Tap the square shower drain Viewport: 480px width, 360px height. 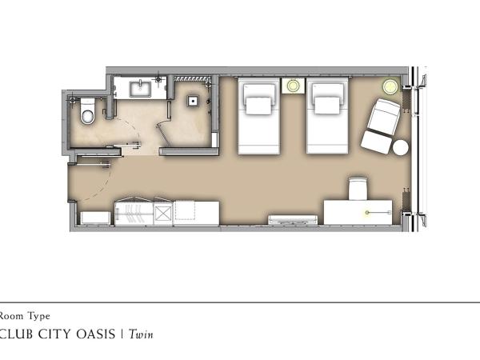click(193, 102)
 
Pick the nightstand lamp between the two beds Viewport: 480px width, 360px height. click(294, 86)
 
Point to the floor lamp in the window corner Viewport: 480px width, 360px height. click(390, 86)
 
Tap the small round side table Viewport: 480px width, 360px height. click(400, 148)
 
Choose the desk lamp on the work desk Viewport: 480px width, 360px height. click(369, 212)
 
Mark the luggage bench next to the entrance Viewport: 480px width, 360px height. click(94, 216)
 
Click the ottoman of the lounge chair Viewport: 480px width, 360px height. click(374, 142)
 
